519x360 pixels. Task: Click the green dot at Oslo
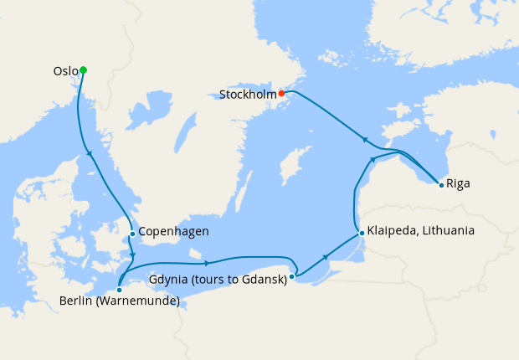click(x=83, y=70)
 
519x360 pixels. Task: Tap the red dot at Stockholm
click(x=281, y=94)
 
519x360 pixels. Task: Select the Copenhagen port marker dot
click(x=132, y=234)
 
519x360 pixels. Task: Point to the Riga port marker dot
click(x=441, y=184)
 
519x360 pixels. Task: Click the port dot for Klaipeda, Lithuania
click(x=361, y=233)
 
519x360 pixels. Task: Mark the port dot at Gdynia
click(x=291, y=275)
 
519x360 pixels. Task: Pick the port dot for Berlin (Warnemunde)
click(x=119, y=290)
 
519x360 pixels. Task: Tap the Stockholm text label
click(x=248, y=95)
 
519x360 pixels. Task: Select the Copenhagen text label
click(x=173, y=232)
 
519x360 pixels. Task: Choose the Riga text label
click(x=458, y=183)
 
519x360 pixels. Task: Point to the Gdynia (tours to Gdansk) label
click(x=218, y=280)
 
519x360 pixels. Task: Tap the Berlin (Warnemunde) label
click(x=119, y=302)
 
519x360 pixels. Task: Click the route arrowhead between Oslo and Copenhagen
click(x=90, y=153)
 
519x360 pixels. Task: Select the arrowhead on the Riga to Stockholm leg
click(x=363, y=139)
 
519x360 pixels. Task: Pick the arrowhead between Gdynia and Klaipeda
click(x=326, y=259)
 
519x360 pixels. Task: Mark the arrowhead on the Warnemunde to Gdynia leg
click(x=204, y=262)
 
